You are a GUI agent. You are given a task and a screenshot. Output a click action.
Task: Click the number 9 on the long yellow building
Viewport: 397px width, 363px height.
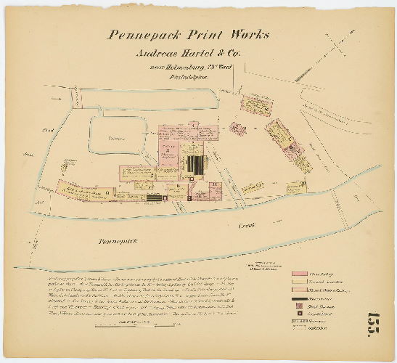coord(107,192)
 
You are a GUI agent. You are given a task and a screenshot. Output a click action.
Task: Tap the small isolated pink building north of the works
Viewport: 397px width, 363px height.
coord(237,129)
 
